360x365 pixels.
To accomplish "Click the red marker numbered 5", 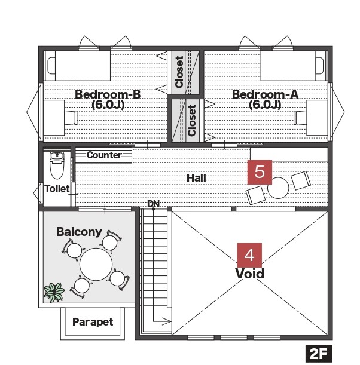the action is coord(260,172).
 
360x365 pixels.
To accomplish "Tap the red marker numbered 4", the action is coord(249,255).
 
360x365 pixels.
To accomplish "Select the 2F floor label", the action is coord(319,354).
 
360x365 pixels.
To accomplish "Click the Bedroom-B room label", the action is coord(108,99).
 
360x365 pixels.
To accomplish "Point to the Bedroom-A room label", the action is coord(265,99).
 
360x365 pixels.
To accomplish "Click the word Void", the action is coord(250,274).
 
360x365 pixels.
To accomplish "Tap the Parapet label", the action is coord(93,322).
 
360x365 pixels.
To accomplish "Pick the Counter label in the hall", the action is coord(104,155).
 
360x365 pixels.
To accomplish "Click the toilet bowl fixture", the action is coord(57,165).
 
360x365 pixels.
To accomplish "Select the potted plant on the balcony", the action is coord(54,292).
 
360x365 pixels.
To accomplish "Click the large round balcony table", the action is coord(96,264).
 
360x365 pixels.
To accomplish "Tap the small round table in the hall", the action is coord(278,188).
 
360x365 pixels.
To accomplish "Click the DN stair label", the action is coord(154,204).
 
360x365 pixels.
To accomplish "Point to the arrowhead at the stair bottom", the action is coord(167,321).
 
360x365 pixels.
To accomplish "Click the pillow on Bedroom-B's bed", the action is coord(51,66).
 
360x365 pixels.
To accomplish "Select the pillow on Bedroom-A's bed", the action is coord(320,66).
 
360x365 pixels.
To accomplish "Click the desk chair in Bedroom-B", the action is coord(71,118).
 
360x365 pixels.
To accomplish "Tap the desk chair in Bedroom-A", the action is coord(300,118).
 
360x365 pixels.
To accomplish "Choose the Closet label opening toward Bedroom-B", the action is coord(179,72).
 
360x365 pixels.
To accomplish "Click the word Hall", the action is coord(196,178).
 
